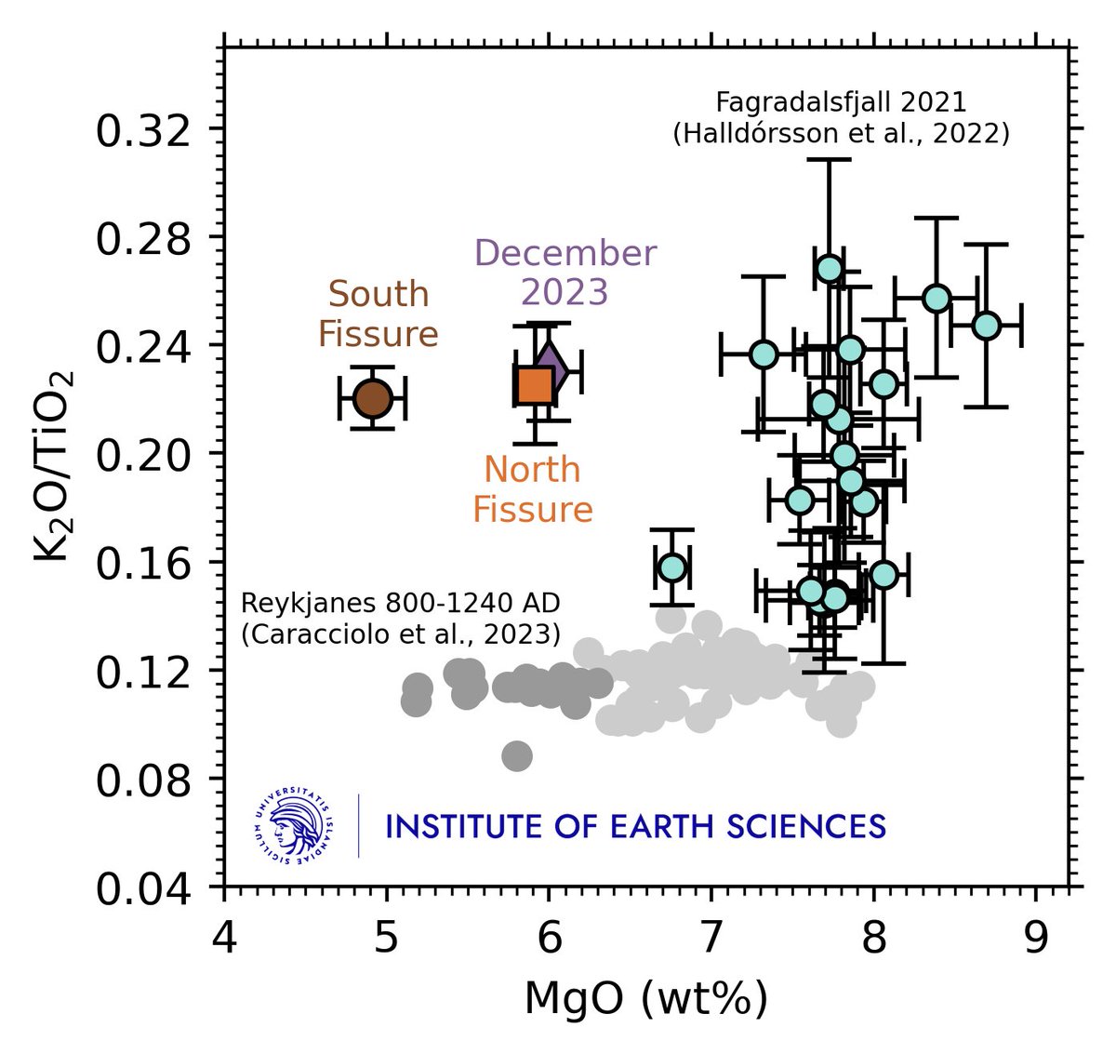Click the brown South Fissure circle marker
point(372,398)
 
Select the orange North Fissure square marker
point(534,384)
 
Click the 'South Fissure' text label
point(379,314)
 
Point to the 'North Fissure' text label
point(533,489)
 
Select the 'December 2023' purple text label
point(565,272)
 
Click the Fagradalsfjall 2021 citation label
point(841,117)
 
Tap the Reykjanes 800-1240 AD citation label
point(401,618)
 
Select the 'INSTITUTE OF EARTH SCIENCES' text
point(635,826)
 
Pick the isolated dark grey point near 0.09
point(517,756)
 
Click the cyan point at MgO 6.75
point(672,567)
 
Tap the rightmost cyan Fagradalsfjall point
point(986,326)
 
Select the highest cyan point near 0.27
point(830,269)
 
